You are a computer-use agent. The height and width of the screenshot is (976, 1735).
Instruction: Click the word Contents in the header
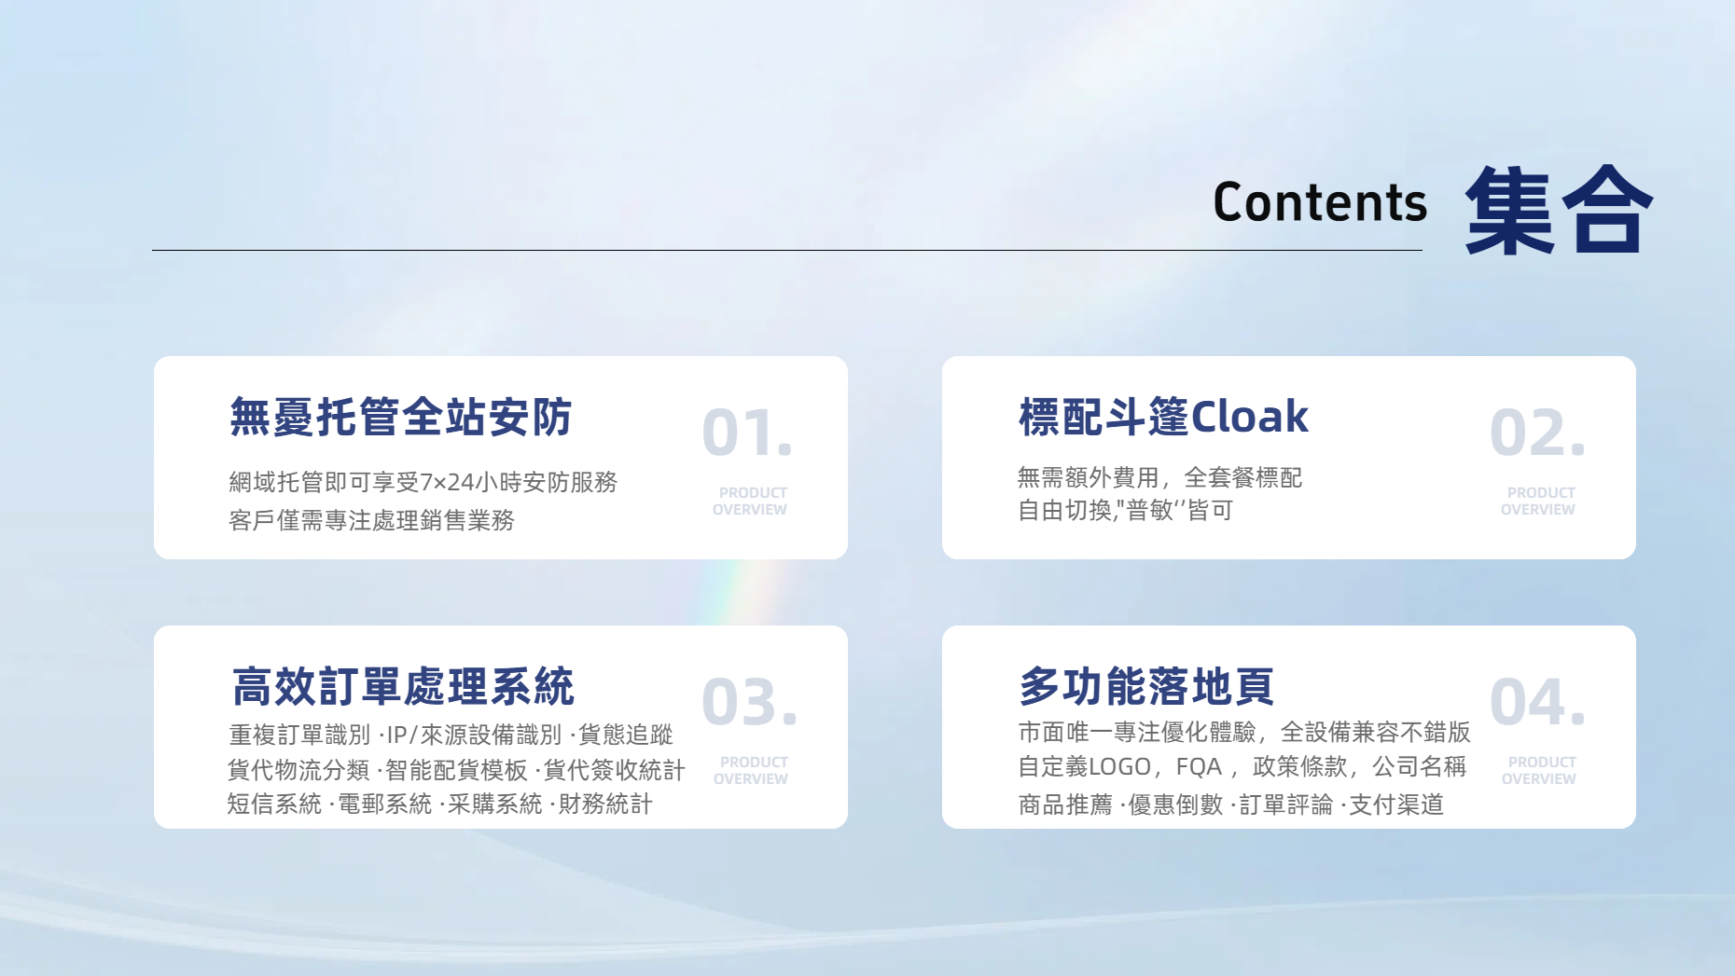coord(1320,202)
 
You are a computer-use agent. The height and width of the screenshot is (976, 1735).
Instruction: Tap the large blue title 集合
coord(1559,209)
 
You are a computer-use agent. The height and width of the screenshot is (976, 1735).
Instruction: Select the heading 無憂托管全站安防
coord(400,417)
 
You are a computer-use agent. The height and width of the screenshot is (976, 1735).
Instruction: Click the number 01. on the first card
coord(747,433)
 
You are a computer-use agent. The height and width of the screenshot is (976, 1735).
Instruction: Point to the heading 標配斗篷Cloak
coord(1163,417)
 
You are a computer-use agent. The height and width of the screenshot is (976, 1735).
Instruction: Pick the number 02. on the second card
coord(1537,433)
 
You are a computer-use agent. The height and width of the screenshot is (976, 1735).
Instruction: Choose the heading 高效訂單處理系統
coord(403,687)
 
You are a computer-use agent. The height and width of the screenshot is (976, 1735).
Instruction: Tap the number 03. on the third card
coord(749,702)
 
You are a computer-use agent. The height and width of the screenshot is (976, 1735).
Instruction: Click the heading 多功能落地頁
coord(1146,687)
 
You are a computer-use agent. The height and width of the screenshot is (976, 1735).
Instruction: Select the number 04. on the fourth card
coord(1537,702)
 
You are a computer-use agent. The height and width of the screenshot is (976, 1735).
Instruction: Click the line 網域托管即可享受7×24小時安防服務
coord(423,482)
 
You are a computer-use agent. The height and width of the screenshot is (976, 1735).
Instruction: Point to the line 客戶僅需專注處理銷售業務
coord(371,520)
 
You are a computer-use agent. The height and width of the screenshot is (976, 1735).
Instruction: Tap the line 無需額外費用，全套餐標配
coord(1159,477)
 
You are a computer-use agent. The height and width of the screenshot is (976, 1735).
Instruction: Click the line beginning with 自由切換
coord(1126,510)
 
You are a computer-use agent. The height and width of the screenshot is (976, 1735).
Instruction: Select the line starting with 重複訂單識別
coord(451,735)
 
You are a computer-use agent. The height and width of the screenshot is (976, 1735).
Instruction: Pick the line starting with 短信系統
coord(440,804)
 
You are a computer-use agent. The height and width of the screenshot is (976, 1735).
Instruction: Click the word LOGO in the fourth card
coord(1119,767)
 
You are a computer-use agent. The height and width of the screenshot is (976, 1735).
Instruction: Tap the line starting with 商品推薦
coord(1231,804)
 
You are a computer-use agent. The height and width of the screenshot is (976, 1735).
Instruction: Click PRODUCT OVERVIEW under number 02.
coord(1538,501)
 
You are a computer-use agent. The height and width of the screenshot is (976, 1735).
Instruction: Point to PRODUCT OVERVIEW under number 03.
coord(751,770)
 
